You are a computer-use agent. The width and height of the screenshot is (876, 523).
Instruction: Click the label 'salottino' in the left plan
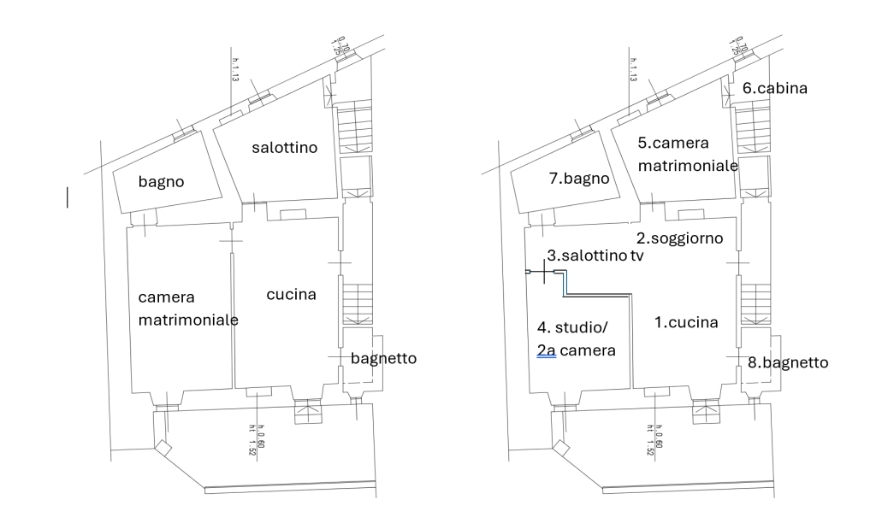click(x=284, y=148)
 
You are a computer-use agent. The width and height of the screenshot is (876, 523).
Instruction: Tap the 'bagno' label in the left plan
click(x=162, y=182)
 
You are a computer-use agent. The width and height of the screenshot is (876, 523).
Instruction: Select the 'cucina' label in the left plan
click(x=291, y=295)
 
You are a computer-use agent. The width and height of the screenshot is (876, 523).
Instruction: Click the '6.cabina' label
click(x=774, y=88)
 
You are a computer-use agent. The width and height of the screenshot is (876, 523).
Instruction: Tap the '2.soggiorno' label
click(x=680, y=237)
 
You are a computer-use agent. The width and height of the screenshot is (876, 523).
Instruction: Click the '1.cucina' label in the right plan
click(x=685, y=322)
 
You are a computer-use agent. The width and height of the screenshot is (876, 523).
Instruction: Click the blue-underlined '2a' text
click(x=547, y=350)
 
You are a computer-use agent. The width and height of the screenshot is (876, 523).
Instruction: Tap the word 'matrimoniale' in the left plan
click(x=188, y=320)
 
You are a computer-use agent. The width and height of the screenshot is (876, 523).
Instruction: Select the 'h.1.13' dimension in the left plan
click(x=234, y=71)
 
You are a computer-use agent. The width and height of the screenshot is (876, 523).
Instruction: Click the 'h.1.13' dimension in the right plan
click(x=634, y=71)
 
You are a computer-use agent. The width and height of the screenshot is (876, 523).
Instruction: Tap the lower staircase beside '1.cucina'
click(x=753, y=303)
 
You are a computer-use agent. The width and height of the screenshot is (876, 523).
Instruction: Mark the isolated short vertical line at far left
click(x=68, y=197)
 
